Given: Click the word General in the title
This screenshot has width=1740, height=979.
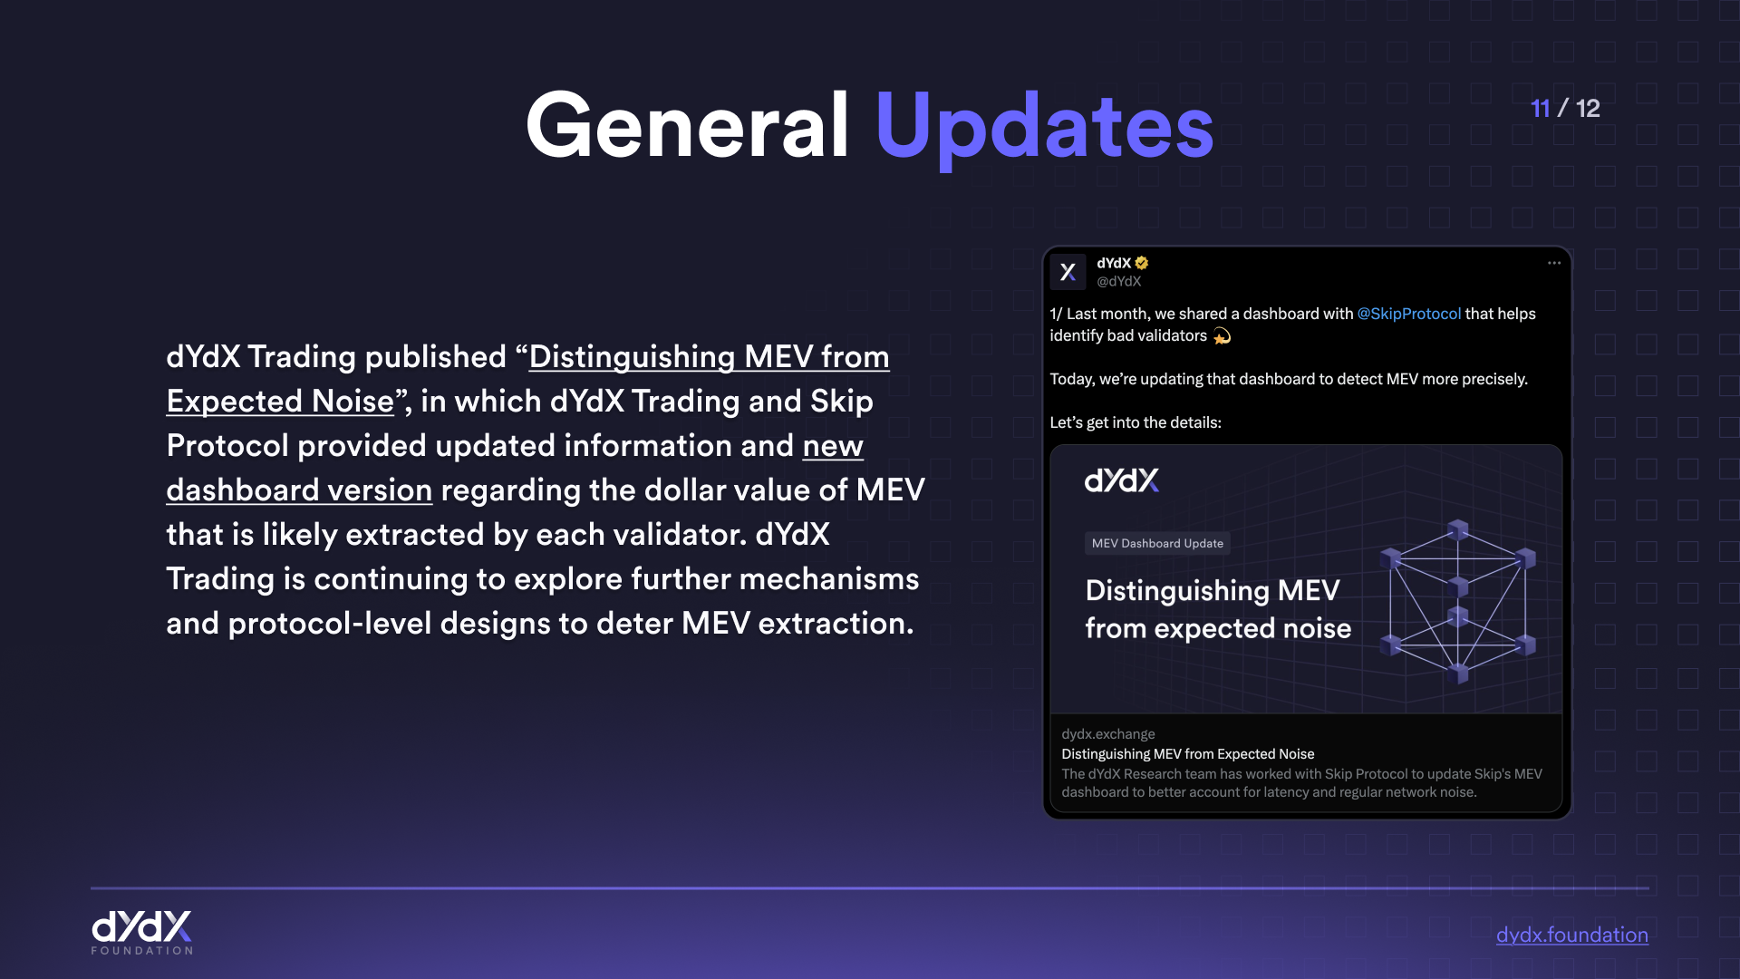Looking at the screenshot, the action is tap(687, 125).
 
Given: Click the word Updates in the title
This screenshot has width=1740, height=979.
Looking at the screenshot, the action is tap(1044, 129).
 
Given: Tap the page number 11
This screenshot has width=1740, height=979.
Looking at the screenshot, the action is tap(1540, 108).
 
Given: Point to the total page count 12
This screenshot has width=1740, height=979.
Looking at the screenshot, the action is tap(1588, 108).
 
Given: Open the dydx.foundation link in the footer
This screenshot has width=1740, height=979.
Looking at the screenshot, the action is tap(1571, 935).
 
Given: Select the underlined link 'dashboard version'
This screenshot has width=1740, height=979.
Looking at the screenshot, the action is tap(299, 490).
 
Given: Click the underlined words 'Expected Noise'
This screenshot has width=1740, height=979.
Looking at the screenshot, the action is tap(280, 402).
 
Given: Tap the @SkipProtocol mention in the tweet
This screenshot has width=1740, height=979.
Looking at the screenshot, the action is tap(1408, 314).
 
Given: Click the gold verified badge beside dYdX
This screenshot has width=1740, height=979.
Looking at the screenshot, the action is tap(1142, 263).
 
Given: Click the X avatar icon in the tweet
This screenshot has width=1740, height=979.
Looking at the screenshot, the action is tap(1068, 272).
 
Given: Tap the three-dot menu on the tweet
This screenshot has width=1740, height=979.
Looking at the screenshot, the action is tap(1553, 263).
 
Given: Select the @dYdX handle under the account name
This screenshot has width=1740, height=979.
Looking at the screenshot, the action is tap(1118, 282).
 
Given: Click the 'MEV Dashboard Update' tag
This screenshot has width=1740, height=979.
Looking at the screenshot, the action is tap(1157, 543).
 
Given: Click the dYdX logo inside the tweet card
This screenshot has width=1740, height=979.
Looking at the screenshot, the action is tap(1122, 480).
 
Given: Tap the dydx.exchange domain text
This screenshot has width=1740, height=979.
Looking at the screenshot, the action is tap(1107, 734).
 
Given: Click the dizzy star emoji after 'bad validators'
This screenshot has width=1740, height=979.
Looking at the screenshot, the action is tap(1222, 336).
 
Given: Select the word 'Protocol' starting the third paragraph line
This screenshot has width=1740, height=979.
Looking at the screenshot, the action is tap(227, 446).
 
